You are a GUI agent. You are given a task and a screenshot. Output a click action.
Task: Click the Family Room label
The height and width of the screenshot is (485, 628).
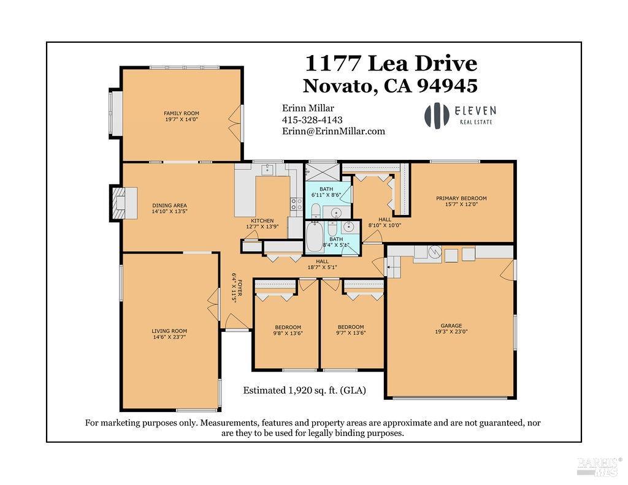pyautogui.click(x=181, y=113)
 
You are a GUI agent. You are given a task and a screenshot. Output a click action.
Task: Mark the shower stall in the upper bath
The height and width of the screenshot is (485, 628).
pyautogui.click(x=323, y=171)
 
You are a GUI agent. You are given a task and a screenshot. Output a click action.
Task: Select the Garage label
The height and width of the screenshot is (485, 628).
pyautogui.click(x=451, y=326)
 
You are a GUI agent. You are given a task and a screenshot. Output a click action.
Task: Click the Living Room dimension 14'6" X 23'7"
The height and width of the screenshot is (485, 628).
pyautogui.click(x=169, y=337)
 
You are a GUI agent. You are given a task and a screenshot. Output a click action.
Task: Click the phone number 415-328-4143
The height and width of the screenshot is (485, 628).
pyautogui.click(x=312, y=120)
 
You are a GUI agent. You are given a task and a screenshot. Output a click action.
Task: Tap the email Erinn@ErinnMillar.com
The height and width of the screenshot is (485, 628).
pyautogui.click(x=333, y=131)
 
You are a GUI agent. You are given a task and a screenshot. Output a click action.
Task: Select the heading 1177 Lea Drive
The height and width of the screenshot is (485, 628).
pyautogui.click(x=391, y=63)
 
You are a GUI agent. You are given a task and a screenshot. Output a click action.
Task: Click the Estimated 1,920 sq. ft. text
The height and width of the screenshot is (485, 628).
pyautogui.click(x=304, y=390)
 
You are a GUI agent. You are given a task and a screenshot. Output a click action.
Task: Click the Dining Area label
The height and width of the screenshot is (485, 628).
pyautogui.click(x=169, y=206)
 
